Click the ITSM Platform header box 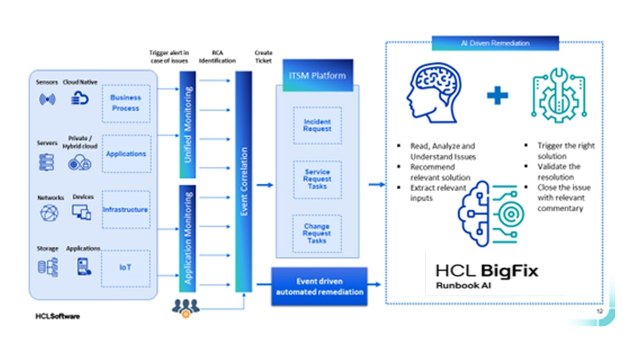click(x=317, y=75)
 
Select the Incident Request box click(x=317, y=125)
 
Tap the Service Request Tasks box click(x=317, y=179)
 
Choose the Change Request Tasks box click(x=316, y=233)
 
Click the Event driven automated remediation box click(x=319, y=286)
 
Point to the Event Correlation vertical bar click(x=244, y=181)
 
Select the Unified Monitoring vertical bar click(x=188, y=125)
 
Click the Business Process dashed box click(x=125, y=103)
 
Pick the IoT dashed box click(x=125, y=268)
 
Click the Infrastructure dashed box click(x=125, y=209)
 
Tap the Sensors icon click(x=47, y=99)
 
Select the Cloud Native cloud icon click(x=79, y=98)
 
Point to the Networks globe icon click(x=49, y=213)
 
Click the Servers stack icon click(x=46, y=162)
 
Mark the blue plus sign click(x=497, y=95)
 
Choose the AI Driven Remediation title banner click(x=495, y=43)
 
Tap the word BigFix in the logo click(x=509, y=271)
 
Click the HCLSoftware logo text click(x=57, y=316)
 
